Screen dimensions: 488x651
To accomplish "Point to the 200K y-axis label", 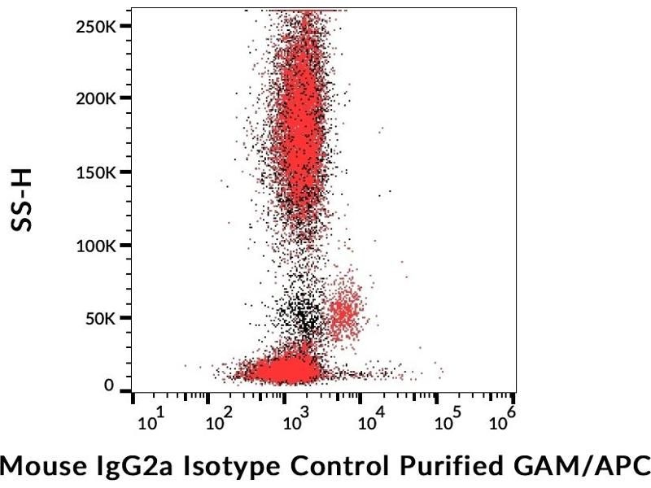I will [x=96, y=98].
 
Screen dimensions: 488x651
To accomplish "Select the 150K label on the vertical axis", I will [x=96, y=172].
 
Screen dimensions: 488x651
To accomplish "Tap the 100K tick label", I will [x=96, y=245].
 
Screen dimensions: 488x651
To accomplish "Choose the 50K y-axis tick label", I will [x=101, y=318].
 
